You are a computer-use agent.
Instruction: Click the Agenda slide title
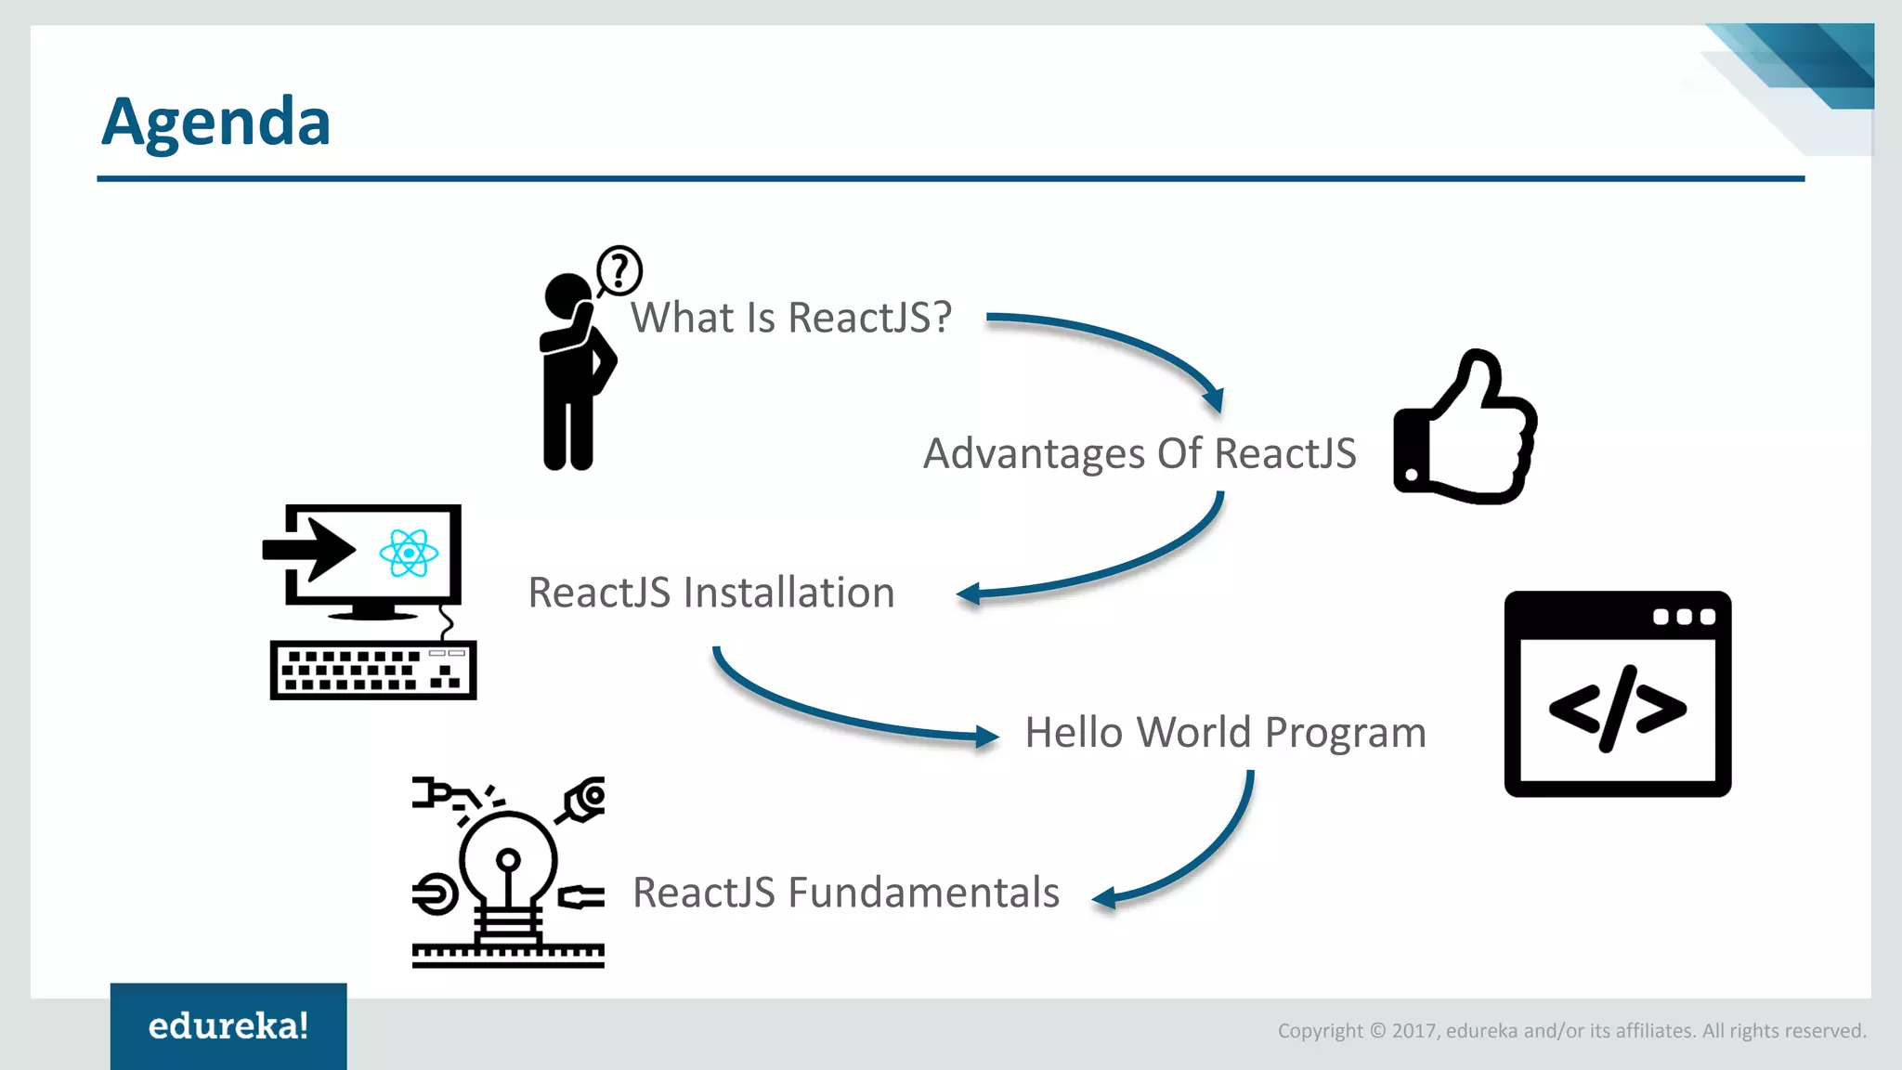click(x=215, y=123)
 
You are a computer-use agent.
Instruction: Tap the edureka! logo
click(x=228, y=1026)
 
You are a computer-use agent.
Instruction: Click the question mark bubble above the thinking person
click(x=619, y=270)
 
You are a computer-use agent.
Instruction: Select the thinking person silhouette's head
click(x=566, y=296)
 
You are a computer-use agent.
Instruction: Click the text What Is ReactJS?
click(x=791, y=318)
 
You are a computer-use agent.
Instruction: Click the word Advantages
click(x=1034, y=454)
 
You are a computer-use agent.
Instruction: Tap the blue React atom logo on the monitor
click(x=409, y=554)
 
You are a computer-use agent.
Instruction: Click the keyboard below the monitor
click(x=373, y=670)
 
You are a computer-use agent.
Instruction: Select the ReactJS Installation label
click(x=711, y=593)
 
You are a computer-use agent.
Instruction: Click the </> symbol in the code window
click(x=1617, y=708)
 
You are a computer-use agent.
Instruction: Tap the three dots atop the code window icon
click(x=1684, y=617)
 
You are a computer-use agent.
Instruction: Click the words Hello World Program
click(x=1225, y=733)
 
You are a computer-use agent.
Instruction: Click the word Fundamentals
click(x=923, y=893)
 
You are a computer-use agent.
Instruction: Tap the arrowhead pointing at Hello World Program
click(x=986, y=737)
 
